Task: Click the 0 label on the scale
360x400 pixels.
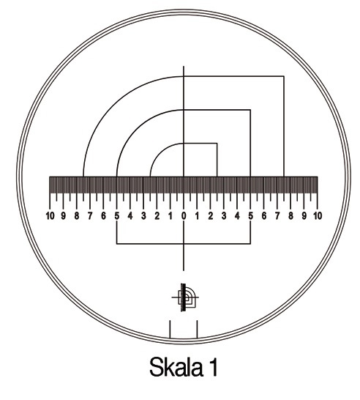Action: pos(184,216)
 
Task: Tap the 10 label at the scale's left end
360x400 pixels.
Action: pos(50,216)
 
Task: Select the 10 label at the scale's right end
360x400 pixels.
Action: pos(318,216)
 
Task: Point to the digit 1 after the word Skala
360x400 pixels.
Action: pos(214,367)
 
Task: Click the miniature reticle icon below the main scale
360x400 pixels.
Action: pos(185,297)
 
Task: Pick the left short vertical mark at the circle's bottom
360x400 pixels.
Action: pos(170,329)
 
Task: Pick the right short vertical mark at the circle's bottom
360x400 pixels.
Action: pos(198,329)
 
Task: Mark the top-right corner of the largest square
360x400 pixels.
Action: pos(284,76)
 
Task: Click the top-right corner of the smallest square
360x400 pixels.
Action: pos(217,144)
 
